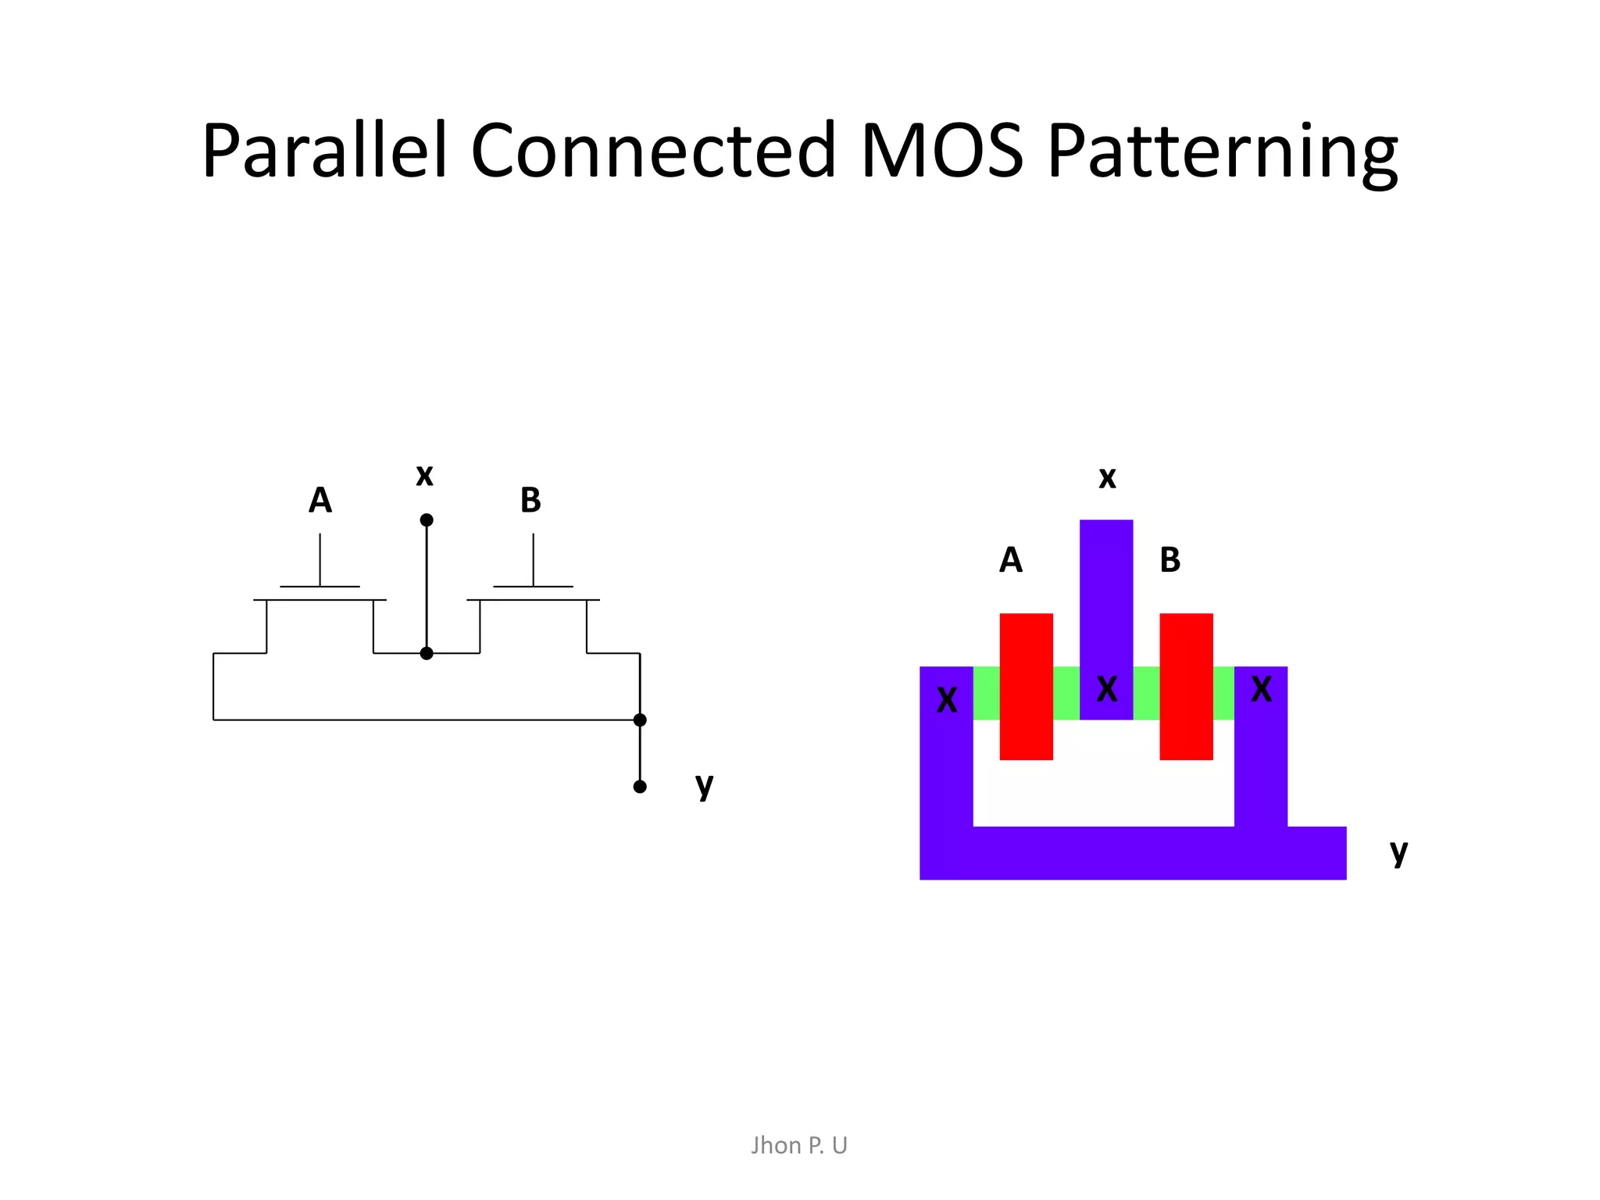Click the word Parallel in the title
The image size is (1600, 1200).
[x=324, y=151]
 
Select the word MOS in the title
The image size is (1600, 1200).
[x=941, y=151]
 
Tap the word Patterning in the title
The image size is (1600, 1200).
[x=1223, y=151]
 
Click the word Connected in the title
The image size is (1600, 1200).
[x=653, y=151]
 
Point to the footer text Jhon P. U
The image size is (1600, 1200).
[x=798, y=1145]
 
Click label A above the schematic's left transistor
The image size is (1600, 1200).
[x=320, y=500]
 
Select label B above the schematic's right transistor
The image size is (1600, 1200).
[x=530, y=500]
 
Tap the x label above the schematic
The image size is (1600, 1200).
[x=424, y=475]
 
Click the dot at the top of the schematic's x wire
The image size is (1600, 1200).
[x=427, y=520]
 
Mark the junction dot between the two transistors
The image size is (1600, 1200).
[x=427, y=653]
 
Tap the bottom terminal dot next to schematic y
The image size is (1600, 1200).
[x=640, y=787]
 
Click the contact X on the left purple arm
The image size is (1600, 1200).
[x=947, y=700]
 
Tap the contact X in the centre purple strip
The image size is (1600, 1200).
[x=1107, y=689]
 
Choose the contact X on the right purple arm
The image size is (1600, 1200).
[x=1261, y=689]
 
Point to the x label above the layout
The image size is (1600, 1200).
[x=1107, y=478]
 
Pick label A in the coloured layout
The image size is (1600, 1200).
[x=1011, y=560]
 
